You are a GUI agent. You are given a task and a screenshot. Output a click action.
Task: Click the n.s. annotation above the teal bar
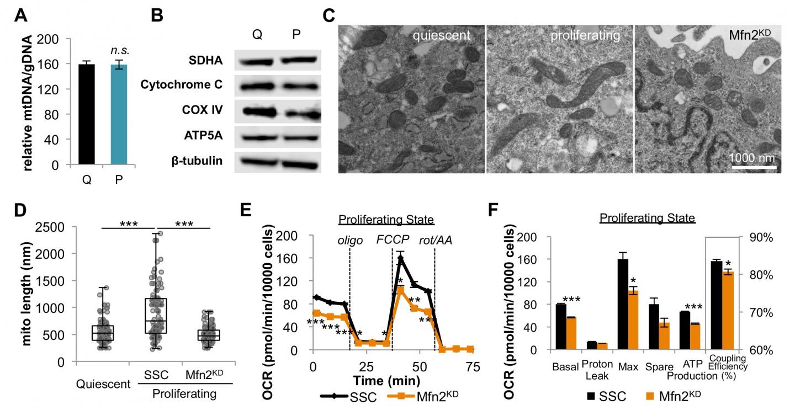119,50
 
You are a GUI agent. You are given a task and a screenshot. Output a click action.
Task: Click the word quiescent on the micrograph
444,36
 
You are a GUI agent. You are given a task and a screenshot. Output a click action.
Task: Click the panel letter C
328,14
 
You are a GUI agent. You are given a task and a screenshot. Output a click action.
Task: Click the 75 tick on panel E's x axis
471,367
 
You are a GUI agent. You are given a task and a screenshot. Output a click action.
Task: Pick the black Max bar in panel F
623,304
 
